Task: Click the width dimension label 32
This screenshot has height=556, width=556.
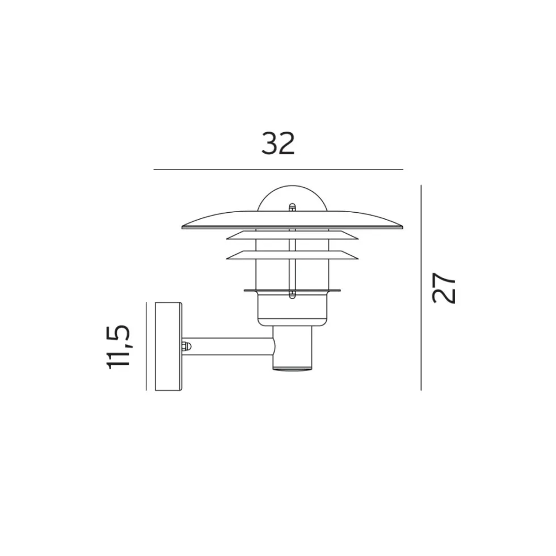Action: click(278, 143)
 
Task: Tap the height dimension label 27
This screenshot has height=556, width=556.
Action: click(444, 288)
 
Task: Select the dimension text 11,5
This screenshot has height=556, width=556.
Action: click(119, 347)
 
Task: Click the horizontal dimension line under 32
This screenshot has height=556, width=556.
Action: click(279, 170)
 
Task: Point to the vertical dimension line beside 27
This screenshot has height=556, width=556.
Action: click(421, 288)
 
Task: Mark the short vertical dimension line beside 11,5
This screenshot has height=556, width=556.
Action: click(146, 346)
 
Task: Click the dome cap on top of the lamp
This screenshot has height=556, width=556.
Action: click(292, 197)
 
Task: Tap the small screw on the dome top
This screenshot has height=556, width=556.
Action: click(292, 208)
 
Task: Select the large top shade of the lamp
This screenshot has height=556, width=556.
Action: click(292, 220)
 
